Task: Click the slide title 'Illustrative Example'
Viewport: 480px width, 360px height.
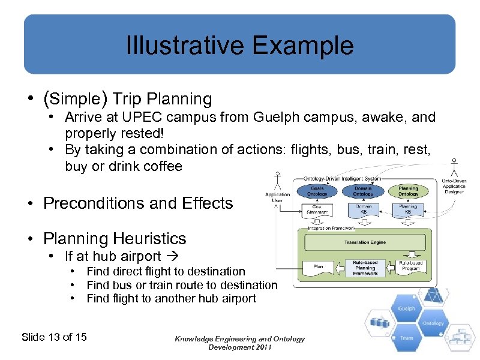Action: tap(239, 46)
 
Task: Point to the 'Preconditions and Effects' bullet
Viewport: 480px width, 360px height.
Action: tap(138, 203)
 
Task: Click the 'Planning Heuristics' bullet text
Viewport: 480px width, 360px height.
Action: tap(115, 239)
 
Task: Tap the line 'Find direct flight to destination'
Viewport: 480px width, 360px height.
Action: tap(166, 272)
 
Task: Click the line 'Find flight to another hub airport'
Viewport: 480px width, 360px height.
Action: tap(171, 298)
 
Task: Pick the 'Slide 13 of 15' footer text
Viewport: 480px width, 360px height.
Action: tap(54, 337)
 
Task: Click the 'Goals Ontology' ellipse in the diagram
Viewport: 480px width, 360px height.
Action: tap(317, 191)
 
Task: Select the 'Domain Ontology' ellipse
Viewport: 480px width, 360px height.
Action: tap(362, 191)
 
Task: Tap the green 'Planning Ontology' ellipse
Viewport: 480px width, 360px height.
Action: tap(408, 191)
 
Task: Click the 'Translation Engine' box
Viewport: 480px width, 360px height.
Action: tap(365, 242)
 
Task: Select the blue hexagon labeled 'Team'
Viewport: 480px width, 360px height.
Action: tap(406, 337)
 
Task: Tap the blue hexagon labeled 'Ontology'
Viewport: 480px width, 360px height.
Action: tap(433, 323)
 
